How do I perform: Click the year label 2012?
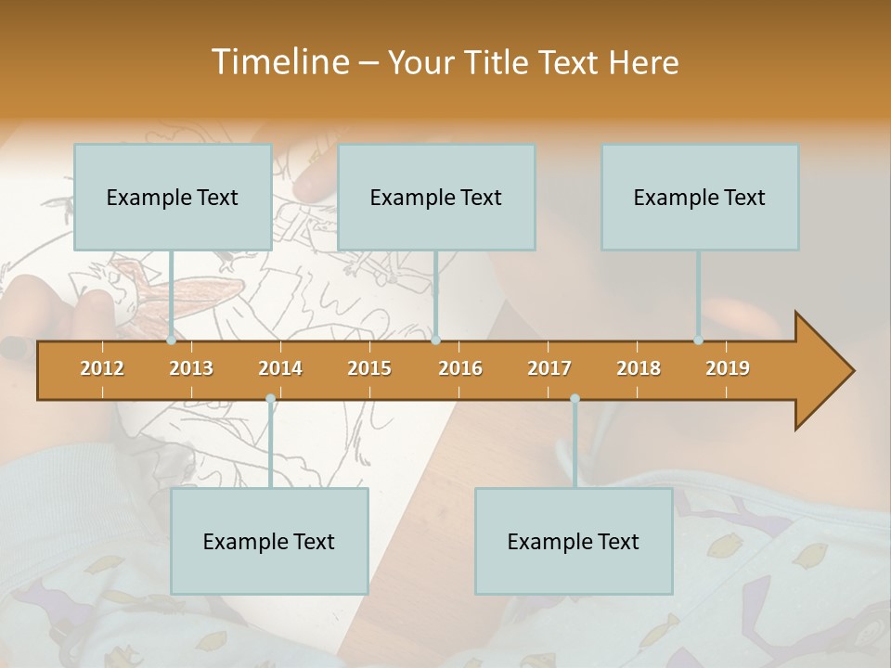tap(102, 368)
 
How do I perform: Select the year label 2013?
tap(191, 368)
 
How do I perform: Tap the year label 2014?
tap(280, 368)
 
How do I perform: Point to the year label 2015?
tap(369, 368)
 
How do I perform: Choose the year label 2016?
tap(460, 368)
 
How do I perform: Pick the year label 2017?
tap(549, 368)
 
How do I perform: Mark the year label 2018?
tap(639, 368)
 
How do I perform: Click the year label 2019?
tap(728, 368)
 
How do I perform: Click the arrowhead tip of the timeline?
tap(851, 371)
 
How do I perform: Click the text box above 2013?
tap(173, 198)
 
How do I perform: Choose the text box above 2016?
tap(436, 198)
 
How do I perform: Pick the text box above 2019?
tap(700, 198)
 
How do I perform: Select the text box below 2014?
tap(269, 542)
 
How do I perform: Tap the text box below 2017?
tap(574, 542)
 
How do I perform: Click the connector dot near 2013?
tap(172, 340)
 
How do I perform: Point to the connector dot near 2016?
tap(435, 340)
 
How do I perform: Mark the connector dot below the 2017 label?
tap(575, 399)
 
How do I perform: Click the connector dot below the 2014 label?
tap(270, 399)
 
